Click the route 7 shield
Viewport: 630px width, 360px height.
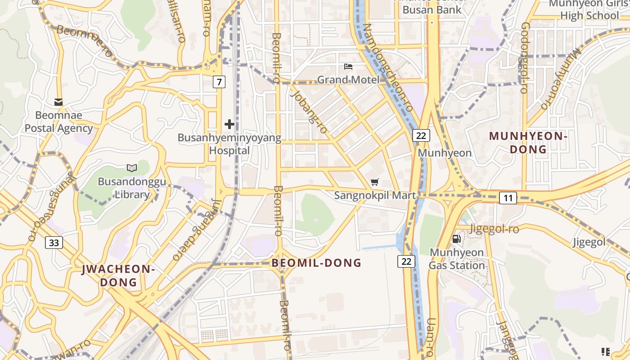point(219,82)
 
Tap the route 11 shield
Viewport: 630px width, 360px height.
point(508,198)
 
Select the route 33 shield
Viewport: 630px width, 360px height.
point(54,243)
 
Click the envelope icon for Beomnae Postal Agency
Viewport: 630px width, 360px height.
point(58,102)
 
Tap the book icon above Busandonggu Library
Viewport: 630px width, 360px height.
point(132,168)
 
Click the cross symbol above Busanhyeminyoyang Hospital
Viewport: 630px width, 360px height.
point(229,124)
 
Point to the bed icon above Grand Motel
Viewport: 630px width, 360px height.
point(348,67)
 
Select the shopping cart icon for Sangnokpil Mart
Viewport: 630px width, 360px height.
point(374,182)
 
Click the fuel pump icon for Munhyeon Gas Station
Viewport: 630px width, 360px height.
point(456,239)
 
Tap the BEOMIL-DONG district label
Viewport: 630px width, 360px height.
point(316,263)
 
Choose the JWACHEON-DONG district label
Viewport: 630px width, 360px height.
point(118,275)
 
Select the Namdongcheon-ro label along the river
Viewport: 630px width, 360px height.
point(387,67)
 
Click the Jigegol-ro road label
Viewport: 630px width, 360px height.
point(494,229)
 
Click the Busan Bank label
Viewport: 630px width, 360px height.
point(432,9)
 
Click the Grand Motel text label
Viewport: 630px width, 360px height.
point(348,80)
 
